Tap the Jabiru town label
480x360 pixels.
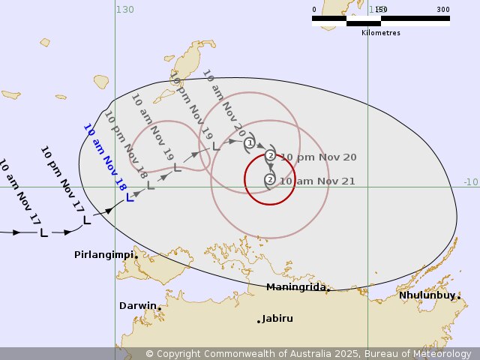pos(278,319)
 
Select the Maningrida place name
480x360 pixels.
pos(295,287)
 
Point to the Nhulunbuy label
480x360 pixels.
pos(427,295)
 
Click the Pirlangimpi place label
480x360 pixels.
pos(103,255)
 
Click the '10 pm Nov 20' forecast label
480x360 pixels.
pos(318,157)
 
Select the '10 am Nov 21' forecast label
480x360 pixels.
pos(317,181)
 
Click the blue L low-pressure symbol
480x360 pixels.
pos(130,198)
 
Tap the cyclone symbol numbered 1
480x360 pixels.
pos(250,142)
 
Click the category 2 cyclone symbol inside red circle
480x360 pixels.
pos(270,179)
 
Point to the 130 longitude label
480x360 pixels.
pos(124,9)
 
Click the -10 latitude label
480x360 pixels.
pos(470,182)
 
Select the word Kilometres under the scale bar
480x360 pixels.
pos(381,33)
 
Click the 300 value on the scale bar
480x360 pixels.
pos(443,10)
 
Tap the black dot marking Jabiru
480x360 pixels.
pos(259,321)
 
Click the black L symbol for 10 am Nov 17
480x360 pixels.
pos(43,233)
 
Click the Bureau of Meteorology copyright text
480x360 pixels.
pos(308,353)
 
